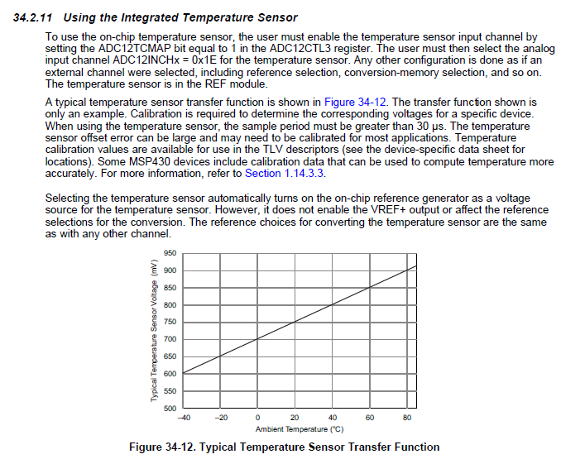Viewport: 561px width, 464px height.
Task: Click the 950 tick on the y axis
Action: coord(169,253)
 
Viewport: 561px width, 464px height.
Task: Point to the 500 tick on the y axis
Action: coord(169,408)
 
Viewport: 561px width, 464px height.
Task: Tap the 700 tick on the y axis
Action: coord(169,339)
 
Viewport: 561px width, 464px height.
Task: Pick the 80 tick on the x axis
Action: coord(407,418)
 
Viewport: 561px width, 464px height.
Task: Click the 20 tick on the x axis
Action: coord(295,418)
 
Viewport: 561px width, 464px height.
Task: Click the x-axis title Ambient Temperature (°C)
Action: coord(300,429)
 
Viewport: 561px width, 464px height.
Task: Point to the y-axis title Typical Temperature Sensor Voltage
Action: coord(153,331)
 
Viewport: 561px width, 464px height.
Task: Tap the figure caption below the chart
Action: coord(285,447)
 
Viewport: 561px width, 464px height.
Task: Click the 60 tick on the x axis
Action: coord(370,418)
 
